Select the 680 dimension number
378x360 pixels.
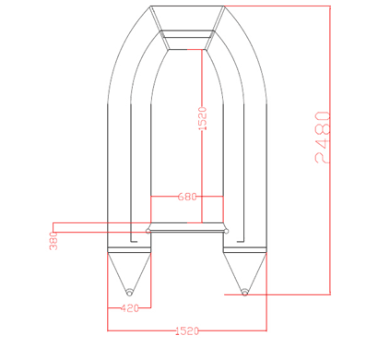(x=186, y=197)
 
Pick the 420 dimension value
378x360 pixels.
(x=130, y=308)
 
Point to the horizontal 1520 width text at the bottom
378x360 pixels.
(x=186, y=330)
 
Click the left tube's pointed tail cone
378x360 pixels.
(x=128, y=272)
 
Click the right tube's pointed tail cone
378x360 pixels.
(x=244, y=272)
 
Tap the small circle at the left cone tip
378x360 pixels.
(x=128, y=294)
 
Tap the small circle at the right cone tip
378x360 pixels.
(x=244, y=294)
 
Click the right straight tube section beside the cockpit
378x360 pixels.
(x=253, y=166)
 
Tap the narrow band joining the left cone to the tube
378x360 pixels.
(x=128, y=249)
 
